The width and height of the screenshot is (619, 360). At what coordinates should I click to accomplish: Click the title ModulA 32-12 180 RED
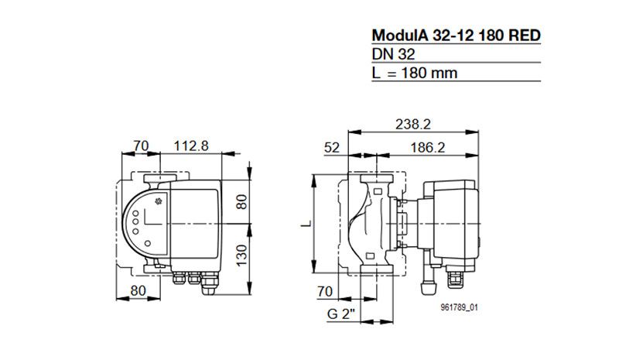coord(456,36)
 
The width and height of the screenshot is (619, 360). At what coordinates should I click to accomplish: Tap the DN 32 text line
coord(393,54)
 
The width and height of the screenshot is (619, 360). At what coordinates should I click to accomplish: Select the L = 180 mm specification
coord(415,73)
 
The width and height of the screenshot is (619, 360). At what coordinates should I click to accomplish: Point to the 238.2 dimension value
coord(413,125)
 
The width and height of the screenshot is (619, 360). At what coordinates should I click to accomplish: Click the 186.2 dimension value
coord(428,148)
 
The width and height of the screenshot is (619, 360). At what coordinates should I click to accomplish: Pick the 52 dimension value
coord(332,148)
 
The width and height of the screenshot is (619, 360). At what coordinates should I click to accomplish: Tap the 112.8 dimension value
coord(191,146)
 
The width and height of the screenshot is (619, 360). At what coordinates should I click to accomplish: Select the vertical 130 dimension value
coord(241,255)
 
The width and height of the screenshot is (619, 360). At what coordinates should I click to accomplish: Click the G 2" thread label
coord(341,314)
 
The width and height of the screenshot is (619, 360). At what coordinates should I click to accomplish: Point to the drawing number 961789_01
coord(459,307)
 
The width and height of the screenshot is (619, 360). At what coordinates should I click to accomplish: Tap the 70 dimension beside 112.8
coord(141,146)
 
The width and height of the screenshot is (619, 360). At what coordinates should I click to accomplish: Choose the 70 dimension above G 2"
coord(325,292)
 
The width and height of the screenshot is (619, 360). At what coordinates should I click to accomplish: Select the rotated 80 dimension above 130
coord(241,201)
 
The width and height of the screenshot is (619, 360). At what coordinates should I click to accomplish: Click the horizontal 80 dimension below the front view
coord(139,291)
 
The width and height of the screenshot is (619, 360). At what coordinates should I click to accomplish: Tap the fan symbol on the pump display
coord(159,201)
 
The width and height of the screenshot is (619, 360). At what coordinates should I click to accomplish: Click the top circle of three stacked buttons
coord(136,214)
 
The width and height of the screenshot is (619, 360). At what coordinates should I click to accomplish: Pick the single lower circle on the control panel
coord(148,243)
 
